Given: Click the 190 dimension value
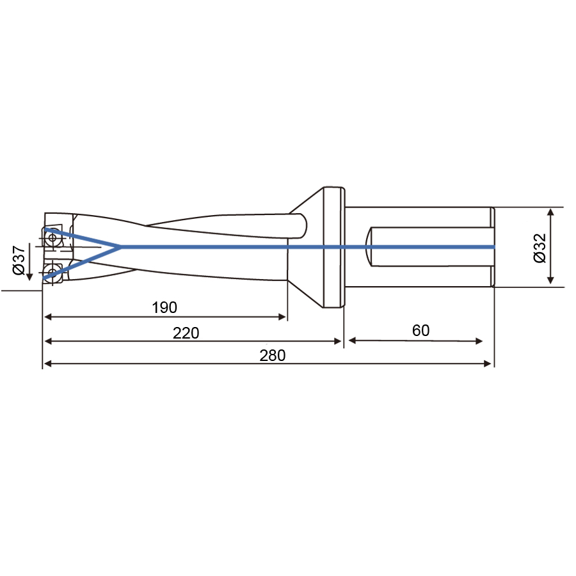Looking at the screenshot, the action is click(164, 307).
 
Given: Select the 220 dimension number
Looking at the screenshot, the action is click(186, 333).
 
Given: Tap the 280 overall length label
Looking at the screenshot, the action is click(272, 355).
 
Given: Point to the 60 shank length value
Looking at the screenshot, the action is click(420, 330).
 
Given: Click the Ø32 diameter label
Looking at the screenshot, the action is click(540, 248).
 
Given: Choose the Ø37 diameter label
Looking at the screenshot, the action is click(19, 260).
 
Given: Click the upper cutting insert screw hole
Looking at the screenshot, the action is click(52, 237).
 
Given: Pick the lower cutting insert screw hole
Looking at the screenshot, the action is click(52, 272).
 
